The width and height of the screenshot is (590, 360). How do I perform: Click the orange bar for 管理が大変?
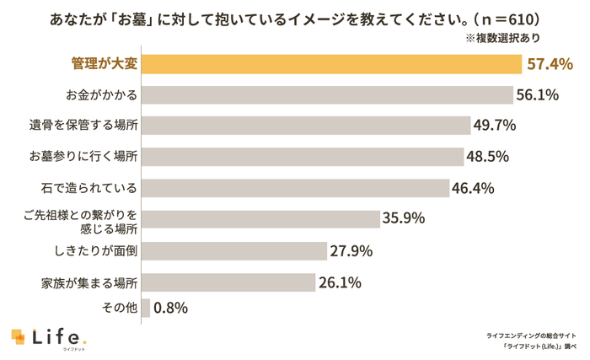332,64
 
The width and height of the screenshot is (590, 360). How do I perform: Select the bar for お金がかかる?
328,94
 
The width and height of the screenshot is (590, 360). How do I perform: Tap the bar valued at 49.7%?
307,126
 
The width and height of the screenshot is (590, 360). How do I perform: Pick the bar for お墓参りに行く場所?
303,157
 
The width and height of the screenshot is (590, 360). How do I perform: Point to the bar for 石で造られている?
296,187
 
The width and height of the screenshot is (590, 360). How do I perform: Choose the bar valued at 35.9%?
261,219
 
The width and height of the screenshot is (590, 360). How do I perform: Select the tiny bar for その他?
146,309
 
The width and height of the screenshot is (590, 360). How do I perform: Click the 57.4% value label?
550,64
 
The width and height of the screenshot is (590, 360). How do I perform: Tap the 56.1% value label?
537,94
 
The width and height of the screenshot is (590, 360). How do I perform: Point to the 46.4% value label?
473,188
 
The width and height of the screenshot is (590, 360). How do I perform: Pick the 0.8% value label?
171,309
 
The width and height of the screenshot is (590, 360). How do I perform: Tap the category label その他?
119,309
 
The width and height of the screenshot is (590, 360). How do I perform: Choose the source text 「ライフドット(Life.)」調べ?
539,346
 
